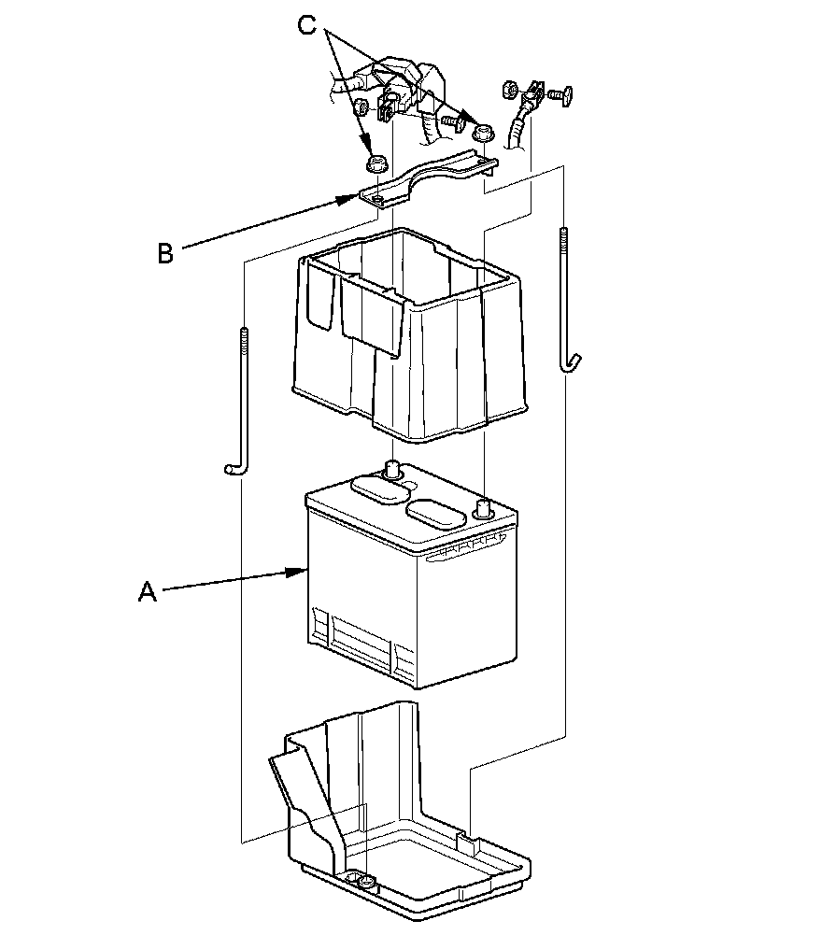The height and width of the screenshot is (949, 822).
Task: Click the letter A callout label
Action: [x=147, y=591]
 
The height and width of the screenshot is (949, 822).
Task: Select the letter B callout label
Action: [x=165, y=253]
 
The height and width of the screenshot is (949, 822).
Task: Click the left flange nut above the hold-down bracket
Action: [x=376, y=164]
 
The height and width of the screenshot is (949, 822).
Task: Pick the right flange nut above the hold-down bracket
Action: [x=482, y=134]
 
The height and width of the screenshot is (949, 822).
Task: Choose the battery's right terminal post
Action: [x=484, y=508]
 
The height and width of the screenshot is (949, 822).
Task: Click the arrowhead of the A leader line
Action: [x=305, y=568]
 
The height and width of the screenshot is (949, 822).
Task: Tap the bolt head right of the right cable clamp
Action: [x=559, y=94]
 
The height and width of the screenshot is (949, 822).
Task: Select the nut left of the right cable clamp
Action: [x=510, y=91]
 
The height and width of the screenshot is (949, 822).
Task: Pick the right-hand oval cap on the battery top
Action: [x=436, y=516]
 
